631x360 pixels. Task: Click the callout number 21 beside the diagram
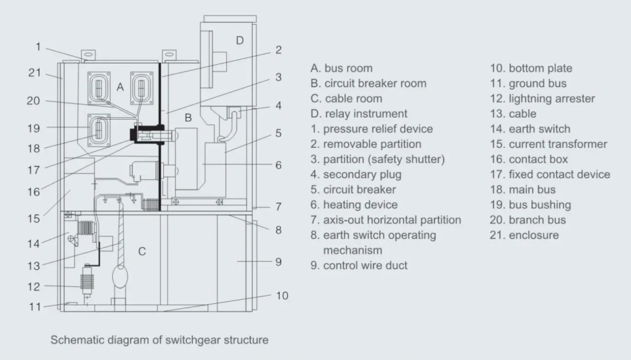tap(35, 73)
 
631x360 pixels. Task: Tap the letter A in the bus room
tap(120, 88)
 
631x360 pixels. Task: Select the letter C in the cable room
tap(142, 251)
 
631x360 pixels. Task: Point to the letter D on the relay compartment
tap(240, 41)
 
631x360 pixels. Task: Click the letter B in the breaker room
tap(189, 117)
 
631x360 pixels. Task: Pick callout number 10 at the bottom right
tap(282, 295)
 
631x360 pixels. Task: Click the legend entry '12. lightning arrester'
tap(542, 99)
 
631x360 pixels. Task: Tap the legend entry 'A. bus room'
tap(341, 68)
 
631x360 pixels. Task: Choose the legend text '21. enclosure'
tap(524, 235)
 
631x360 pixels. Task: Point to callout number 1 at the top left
tap(38, 46)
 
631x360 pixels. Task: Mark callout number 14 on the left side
tap(33, 243)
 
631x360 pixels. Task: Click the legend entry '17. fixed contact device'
tap(550, 174)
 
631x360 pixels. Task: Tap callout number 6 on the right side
tap(279, 165)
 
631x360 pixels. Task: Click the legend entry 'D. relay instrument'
tap(359, 113)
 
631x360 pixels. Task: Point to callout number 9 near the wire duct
tap(279, 262)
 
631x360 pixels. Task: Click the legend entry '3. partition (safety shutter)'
tap(378, 159)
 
